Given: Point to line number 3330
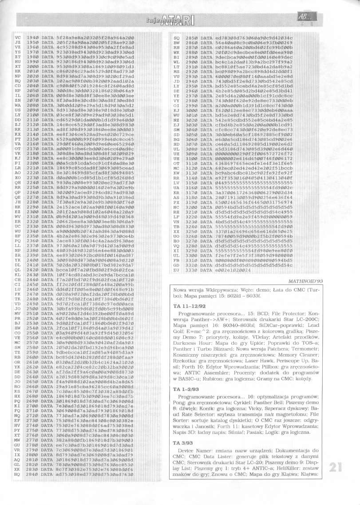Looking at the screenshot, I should click(191, 269).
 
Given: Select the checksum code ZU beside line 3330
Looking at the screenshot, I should click(177, 269).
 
